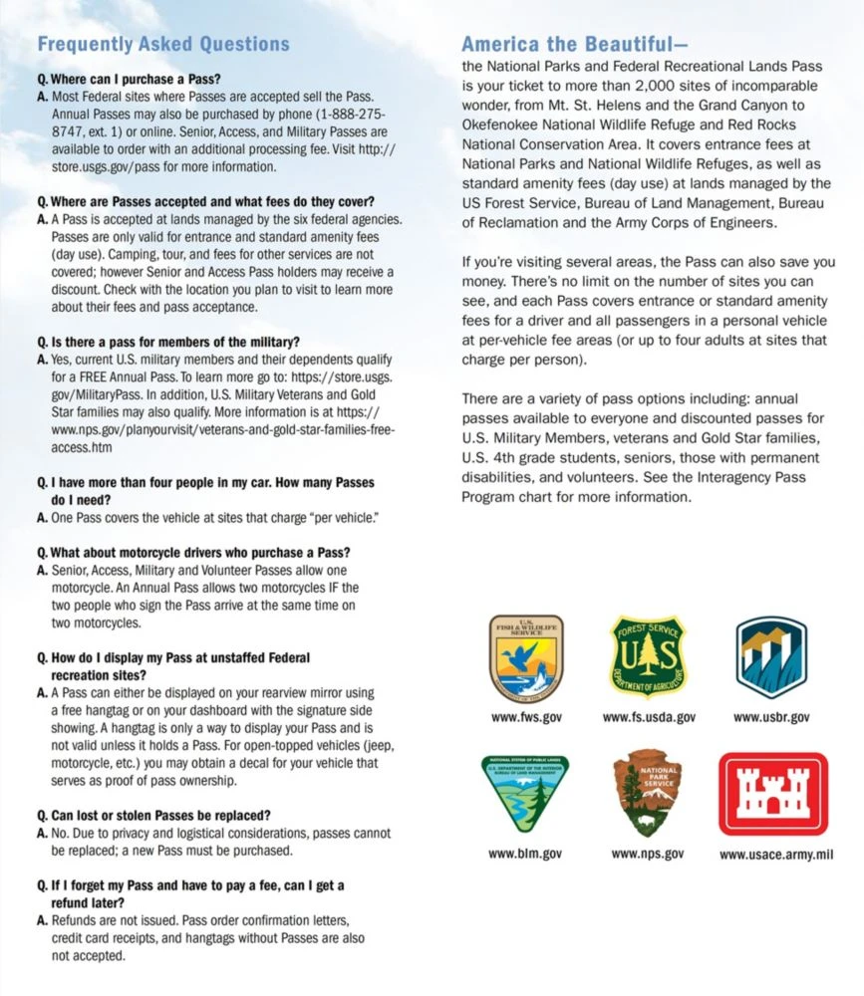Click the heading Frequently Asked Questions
[x=162, y=44]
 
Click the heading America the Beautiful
[x=567, y=44]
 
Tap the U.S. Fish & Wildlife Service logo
[x=527, y=657]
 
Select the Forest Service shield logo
[x=649, y=656]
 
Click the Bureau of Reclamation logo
[x=770, y=657]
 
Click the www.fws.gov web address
[x=526, y=717]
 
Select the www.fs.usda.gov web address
[x=649, y=717]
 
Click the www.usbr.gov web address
[x=771, y=717]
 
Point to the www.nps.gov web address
[x=647, y=854]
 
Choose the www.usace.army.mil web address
[x=776, y=854]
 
